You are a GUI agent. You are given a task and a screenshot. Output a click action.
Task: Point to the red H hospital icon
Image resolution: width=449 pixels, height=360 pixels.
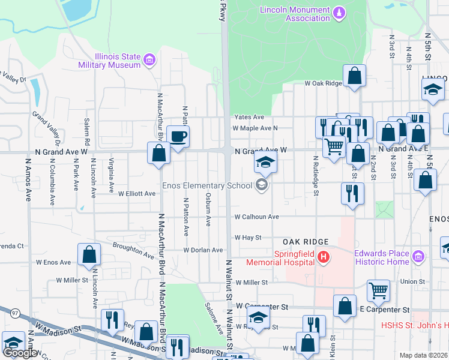(324, 257)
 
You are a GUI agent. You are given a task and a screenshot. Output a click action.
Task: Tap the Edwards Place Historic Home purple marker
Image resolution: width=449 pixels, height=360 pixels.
(419, 257)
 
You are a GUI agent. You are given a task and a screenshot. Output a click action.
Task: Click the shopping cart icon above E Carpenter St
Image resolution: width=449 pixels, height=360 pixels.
(379, 290)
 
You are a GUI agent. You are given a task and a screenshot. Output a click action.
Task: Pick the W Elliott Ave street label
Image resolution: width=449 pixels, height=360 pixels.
(137, 194)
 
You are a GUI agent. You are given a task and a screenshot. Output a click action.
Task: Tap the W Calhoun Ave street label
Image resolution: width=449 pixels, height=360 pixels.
(256, 217)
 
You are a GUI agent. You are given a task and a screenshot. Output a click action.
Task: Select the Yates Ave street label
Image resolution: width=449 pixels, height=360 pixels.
(249, 117)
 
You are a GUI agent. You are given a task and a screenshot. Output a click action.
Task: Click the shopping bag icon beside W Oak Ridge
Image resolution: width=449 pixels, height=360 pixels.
(355, 76)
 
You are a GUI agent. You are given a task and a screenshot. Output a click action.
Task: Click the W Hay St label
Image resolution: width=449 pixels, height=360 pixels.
(248, 238)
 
